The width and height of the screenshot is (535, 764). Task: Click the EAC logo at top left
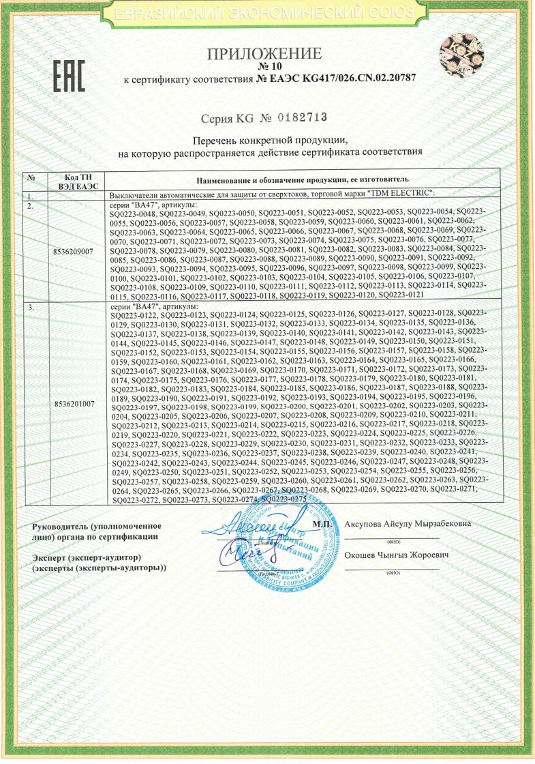[x=69, y=76]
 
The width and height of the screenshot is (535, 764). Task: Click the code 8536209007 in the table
[x=73, y=251]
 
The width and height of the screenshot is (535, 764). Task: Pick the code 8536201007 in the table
[x=73, y=404]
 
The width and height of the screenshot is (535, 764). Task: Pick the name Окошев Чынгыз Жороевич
[x=398, y=557]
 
